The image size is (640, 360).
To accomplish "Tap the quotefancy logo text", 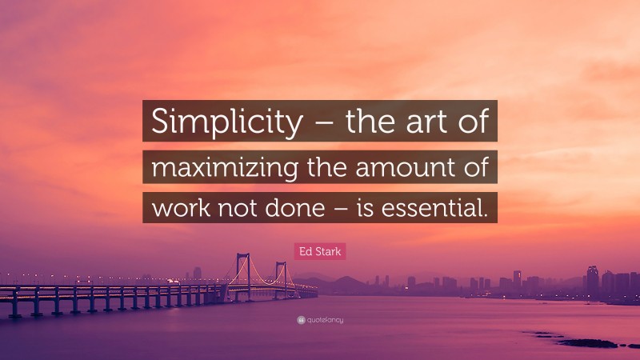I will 325,320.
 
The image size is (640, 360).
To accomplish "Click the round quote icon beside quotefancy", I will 300,320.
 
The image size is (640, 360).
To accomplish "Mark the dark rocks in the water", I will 588,343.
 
